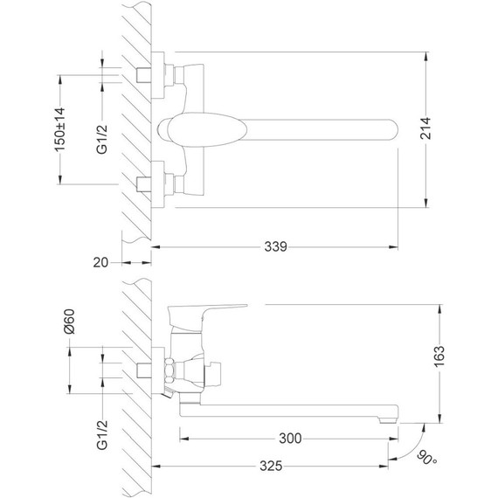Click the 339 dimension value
(x=276, y=246)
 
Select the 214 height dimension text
(x=425, y=128)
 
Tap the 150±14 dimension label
(x=59, y=129)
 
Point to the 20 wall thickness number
(x=100, y=263)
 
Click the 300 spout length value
(x=290, y=439)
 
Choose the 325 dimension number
(x=271, y=466)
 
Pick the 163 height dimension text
(x=439, y=356)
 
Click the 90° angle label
(x=426, y=458)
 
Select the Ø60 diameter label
(x=69, y=322)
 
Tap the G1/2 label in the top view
(x=102, y=140)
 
